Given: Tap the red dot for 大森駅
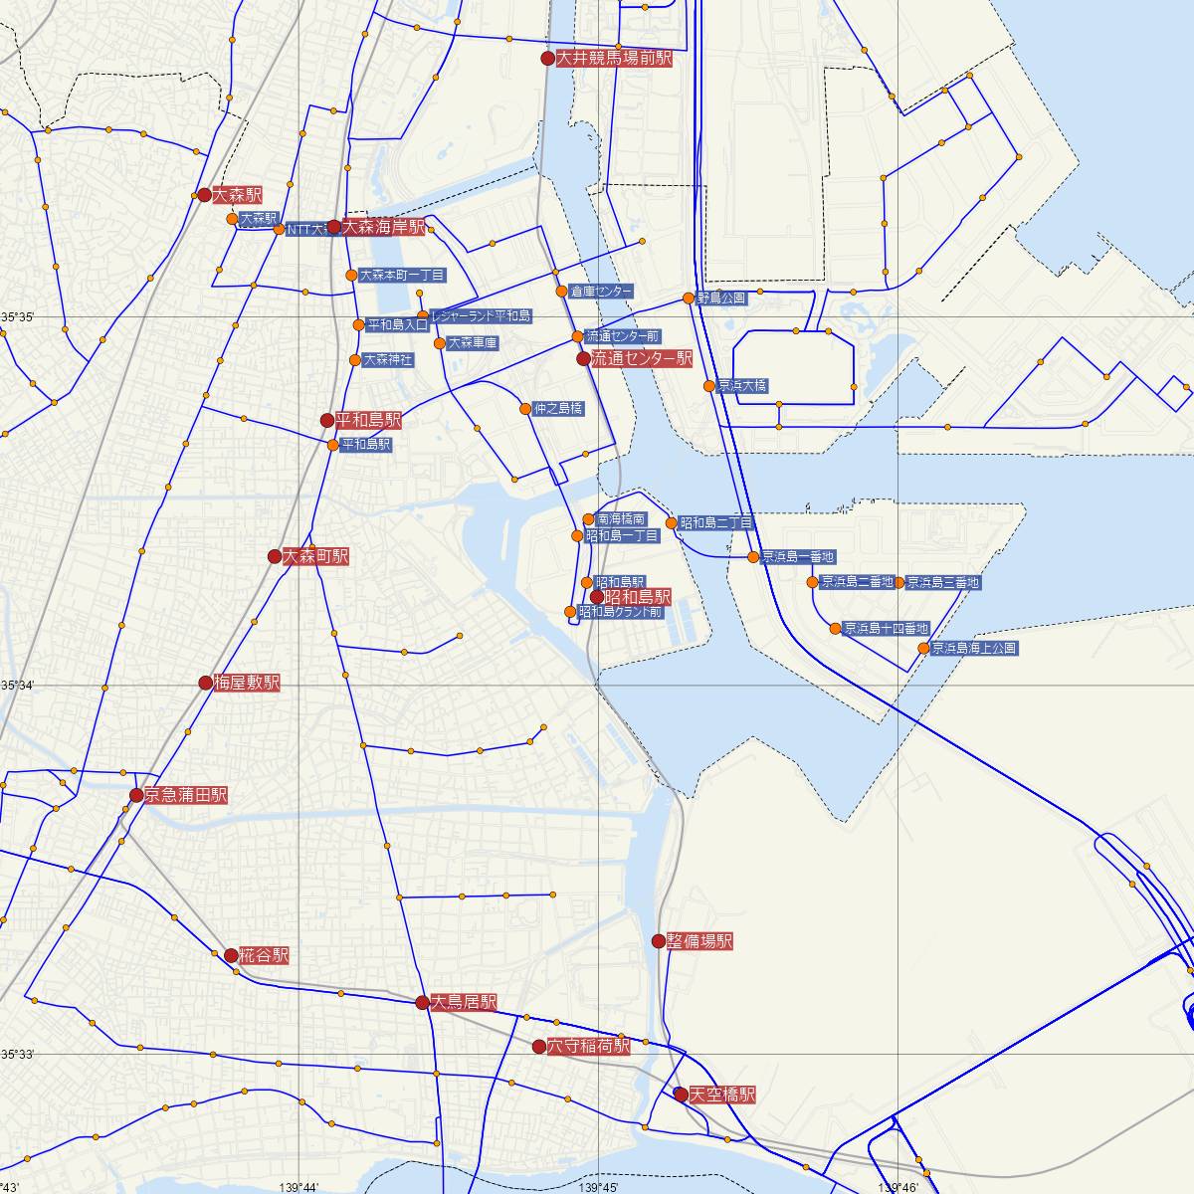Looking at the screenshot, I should point(204,195).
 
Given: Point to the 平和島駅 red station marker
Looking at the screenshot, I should point(327,420).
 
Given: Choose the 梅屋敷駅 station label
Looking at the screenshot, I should point(246,683).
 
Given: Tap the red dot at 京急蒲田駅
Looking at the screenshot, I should point(136,795).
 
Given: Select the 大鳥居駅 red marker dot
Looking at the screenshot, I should point(422,1002).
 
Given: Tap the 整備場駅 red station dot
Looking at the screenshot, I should point(658,940).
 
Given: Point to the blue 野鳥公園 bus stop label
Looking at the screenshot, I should point(721,298).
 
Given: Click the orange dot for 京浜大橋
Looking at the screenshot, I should point(708,386).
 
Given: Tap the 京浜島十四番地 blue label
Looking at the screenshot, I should point(886,629).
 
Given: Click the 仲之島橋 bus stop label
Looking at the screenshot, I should point(558,408).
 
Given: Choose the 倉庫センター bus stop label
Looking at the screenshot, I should point(601,292).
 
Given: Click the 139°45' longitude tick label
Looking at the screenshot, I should point(600,1187).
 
